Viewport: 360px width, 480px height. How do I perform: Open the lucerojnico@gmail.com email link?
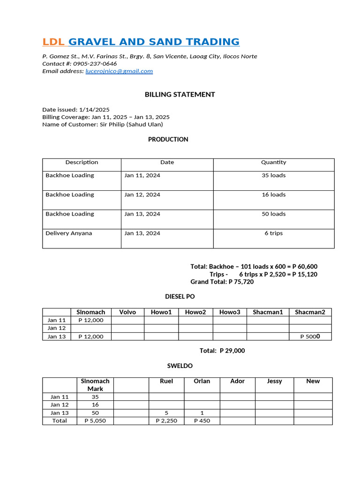119,71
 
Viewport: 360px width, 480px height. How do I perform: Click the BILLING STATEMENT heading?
180,94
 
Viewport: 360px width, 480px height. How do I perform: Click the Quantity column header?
273,162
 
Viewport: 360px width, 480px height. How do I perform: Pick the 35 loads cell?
273,175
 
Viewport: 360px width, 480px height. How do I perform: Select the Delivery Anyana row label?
69,233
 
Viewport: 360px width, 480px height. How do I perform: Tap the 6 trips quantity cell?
273,233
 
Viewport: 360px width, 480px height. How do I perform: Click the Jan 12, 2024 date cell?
142,195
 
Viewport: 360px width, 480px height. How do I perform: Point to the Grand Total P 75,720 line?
222,282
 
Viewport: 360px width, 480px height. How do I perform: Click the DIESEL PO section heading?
180,297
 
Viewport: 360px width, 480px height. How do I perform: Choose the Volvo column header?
127,312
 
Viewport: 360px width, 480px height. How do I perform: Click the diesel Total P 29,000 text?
222,351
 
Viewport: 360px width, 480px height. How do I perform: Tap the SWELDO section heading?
180,366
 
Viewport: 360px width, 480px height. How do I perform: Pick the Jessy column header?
274,381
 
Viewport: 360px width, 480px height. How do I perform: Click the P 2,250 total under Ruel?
166,420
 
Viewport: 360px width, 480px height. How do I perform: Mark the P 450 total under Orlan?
202,420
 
